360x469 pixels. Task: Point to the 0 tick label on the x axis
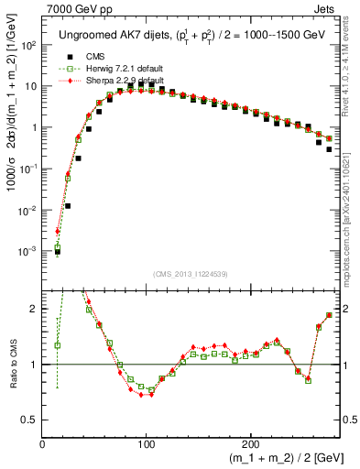tap(43, 444)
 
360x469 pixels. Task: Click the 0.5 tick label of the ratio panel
tap(29, 420)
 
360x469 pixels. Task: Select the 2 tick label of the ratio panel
tap(34, 310)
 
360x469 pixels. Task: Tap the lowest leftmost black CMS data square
tap(57, 251)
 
